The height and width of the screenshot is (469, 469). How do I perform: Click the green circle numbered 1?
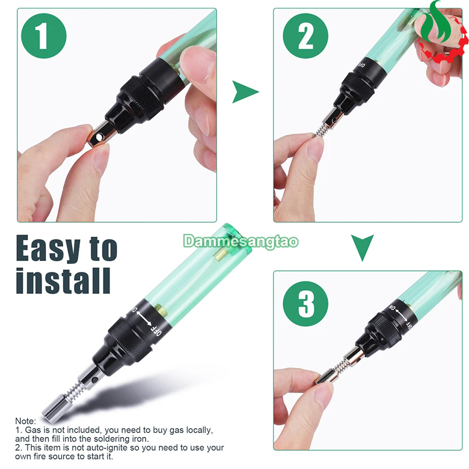coord(44,36)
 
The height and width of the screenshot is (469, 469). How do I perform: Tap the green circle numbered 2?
coord(306,36)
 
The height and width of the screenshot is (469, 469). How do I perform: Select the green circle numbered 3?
coord(306,304)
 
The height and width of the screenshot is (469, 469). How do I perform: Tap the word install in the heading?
coord(63,281)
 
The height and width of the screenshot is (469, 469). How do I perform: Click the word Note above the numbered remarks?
coord(25,421)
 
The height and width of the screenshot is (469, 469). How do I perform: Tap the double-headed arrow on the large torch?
coord(144,317)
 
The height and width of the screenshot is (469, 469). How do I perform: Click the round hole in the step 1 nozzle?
coord(99,138)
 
